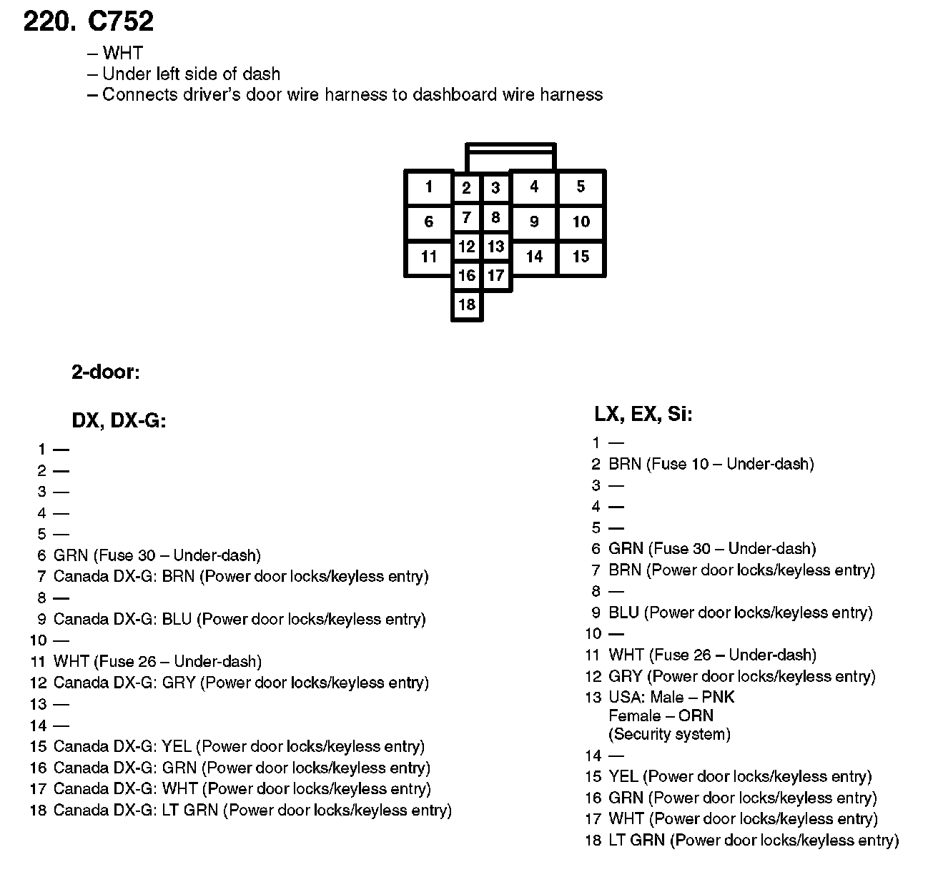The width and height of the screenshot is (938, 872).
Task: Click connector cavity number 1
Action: click(x=429, y=188)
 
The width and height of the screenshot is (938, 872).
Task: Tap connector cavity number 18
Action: click(x=467, y=305)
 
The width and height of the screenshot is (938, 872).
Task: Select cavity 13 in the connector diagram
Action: click(x=495, y=247)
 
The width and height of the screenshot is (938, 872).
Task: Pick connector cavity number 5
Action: click(x=581, y=187)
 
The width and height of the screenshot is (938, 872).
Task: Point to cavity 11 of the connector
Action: click(x=429, y=257)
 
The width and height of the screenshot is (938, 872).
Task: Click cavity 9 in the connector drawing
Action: click(x=534, y=222)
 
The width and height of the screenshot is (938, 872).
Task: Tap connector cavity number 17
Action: click(x=495, y=276)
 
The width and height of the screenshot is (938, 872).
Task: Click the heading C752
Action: click(x=120, y=22)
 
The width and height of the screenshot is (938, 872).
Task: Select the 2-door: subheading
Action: click(x=105, y=372)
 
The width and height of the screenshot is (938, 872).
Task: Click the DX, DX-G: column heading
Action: click(x=119, y=421)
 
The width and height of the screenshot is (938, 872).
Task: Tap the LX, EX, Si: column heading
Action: click(x=643, y=414)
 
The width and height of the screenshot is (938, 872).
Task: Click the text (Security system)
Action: click(x=669, y=734)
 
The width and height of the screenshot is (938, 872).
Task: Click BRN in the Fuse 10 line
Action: click(x=624, y=464)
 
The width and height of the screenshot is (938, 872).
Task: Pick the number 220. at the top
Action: click(x=49, y=22)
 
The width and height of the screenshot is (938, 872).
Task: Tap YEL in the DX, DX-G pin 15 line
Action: click(x=177, y=747)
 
